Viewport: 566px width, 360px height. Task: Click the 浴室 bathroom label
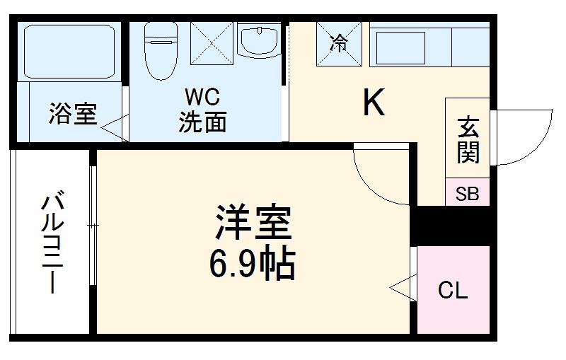[x=73, y=114]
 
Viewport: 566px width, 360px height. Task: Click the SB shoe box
[x=467, y=193]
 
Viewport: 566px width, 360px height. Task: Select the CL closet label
[x=453, y=290]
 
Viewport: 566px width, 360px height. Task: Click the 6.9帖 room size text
[x=251, y=265]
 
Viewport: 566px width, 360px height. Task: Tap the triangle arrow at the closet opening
[x=401, y=289]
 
